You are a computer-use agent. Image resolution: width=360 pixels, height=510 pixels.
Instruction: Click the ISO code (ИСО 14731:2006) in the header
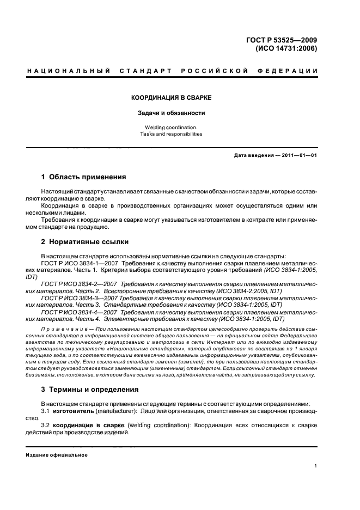pos(286,48)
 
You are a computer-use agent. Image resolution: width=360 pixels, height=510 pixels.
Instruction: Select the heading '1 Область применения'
pos(84,177)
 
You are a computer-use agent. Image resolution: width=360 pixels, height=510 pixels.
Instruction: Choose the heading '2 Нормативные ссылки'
pos(85,241)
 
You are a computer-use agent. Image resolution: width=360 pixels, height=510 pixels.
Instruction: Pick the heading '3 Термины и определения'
pos(90,390)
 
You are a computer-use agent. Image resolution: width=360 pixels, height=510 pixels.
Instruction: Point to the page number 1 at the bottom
pos(316,466)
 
